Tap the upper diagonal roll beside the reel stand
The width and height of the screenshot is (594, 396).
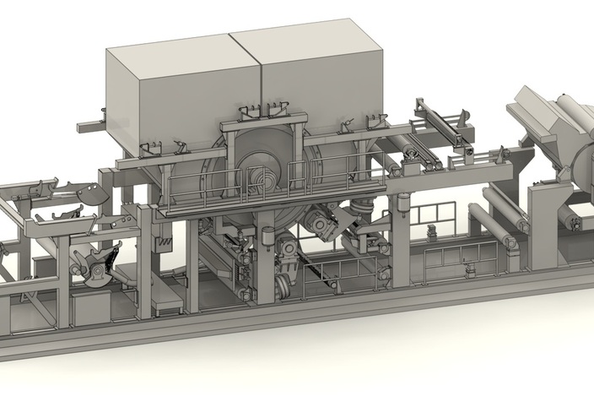(x=502, y=203)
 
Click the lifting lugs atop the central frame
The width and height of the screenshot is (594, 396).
(x=262, y=111)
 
